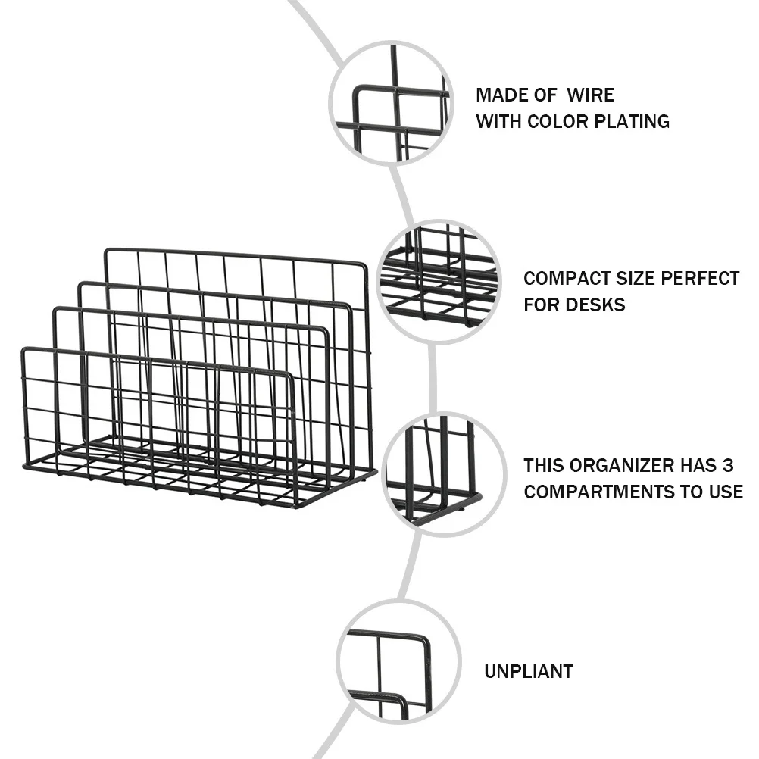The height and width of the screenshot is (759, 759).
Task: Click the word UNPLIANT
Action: [x=528, y=671]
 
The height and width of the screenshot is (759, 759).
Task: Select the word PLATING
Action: [x=632, y=121]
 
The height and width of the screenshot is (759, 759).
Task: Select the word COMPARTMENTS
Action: [x=597, y=492]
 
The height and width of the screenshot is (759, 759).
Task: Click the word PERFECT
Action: [x=700, y=279]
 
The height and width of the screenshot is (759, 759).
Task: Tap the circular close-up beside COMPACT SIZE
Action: [x=439, y=281]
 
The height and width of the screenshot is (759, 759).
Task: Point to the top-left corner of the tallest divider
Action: [x=107, y=251]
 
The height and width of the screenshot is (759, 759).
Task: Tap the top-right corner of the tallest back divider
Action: [x=364, y=266]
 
